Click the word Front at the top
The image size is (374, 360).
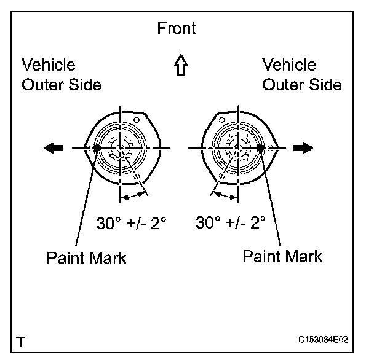coord(177,29)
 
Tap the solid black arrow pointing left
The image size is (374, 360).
coord(54,147)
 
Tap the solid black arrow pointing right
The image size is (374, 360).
coord(303,147)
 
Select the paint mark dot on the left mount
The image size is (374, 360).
coord(97,147)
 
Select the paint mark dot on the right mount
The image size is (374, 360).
coord(261,147)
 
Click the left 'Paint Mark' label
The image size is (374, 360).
coord(86,257)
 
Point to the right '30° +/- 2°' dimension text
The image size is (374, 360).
coord(231,222)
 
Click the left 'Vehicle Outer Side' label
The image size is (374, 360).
coord(62,75)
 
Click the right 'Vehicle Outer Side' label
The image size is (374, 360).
coord(302,74)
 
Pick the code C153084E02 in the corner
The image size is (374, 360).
coord(322,339)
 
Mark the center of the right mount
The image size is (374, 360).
coord(237,147)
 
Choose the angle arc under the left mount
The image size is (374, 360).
coord(133,196)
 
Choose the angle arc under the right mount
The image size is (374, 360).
coord(225,196)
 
